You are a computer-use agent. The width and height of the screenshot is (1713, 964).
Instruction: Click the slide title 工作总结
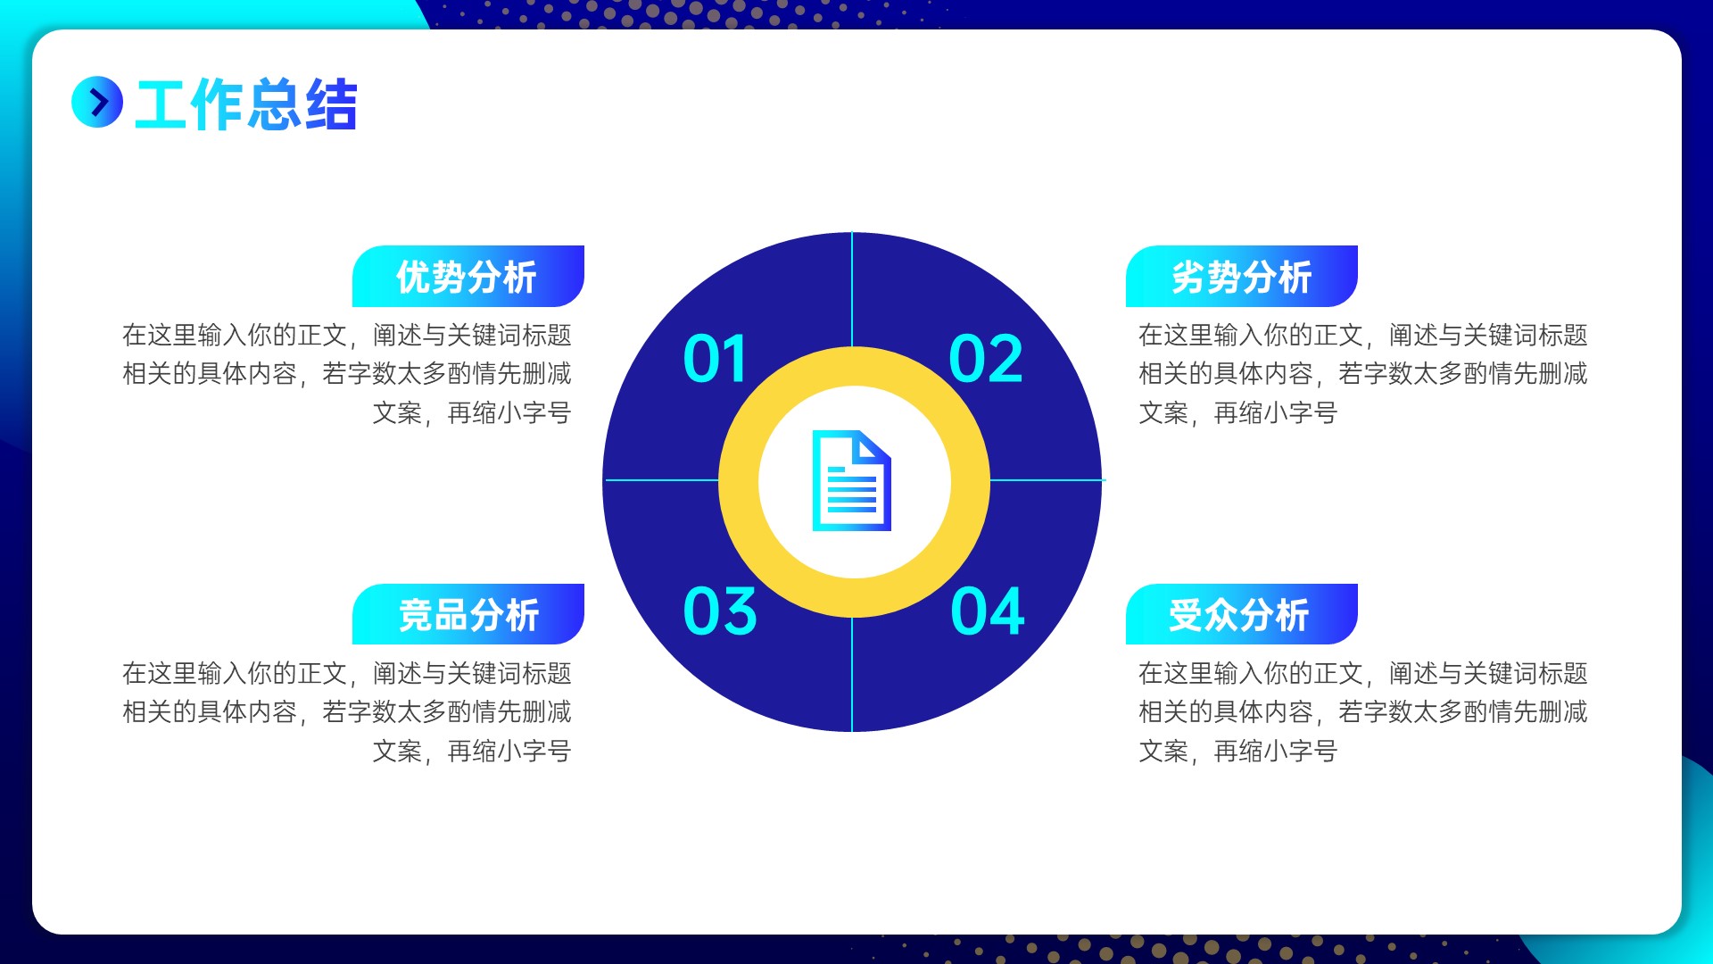point(246,104)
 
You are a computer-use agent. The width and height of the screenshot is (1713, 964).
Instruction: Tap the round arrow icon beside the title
point(97,102)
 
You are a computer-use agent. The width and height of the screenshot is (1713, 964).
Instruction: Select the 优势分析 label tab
point(468,277)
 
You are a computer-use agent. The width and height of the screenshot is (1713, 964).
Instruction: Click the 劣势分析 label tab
point(1242,277)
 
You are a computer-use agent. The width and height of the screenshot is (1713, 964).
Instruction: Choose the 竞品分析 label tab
point(468,614)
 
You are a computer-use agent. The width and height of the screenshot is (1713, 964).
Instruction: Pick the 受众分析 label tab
point(1242,614)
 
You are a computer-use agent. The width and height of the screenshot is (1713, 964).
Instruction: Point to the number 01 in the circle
point(715,359)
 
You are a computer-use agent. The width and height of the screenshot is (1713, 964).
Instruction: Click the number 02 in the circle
point(986,359)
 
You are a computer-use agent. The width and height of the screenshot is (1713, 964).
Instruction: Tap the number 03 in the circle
point(720,611)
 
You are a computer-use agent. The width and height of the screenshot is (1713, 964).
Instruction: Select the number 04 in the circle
point(988,611)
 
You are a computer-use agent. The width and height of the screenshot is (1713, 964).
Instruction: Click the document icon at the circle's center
point(852,481)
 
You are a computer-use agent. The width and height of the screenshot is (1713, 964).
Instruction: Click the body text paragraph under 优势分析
point(347,374)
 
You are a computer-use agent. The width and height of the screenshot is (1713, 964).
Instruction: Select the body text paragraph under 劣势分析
point(1363,374)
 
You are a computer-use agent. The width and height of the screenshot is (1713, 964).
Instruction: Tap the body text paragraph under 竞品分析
point(347,712)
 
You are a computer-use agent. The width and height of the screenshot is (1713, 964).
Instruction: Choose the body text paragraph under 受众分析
point(1363,712)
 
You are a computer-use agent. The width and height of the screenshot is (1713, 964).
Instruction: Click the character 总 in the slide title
point(273,104)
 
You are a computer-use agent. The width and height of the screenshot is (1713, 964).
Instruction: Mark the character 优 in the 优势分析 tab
point(413,277)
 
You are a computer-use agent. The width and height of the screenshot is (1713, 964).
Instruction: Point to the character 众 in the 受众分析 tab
point(1221,615)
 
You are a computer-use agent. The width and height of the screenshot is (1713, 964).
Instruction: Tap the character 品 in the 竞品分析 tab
point(451,615)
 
